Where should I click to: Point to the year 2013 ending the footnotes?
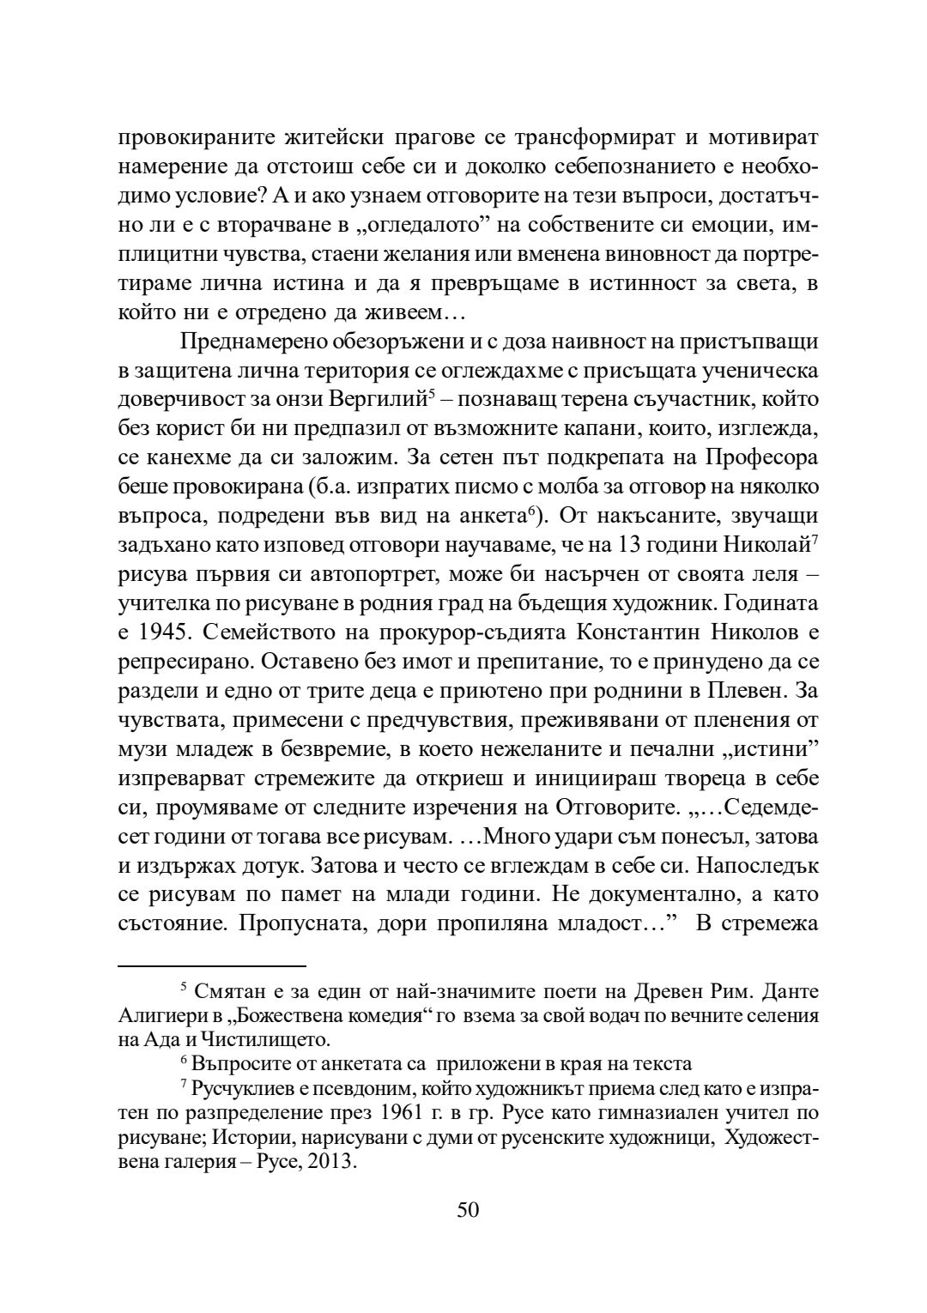pyautogui.click(x=329, y=1163)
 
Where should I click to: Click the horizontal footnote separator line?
pyautogui.click(x=212, y=965)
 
